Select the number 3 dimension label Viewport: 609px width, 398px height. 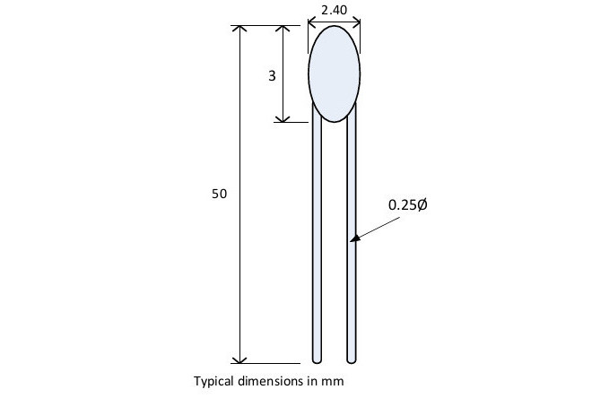(272, 75)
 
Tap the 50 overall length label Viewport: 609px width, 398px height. (220, 194)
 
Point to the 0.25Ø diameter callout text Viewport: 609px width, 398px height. (408, 204)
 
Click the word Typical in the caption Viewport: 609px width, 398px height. (213, 380)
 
